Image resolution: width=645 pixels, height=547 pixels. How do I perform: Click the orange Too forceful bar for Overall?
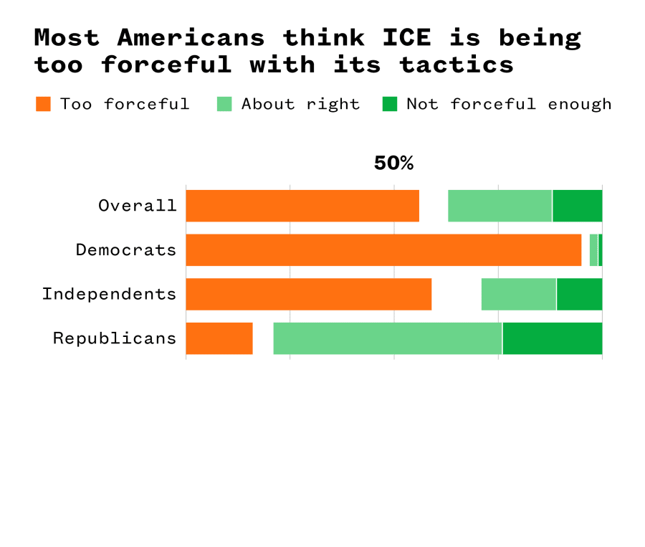302,206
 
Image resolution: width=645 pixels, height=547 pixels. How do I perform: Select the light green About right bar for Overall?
500,206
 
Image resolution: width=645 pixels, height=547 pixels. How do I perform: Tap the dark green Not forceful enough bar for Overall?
577,206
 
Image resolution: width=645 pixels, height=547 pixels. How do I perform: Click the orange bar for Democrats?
383,250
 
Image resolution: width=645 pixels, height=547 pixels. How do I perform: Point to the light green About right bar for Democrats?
593,250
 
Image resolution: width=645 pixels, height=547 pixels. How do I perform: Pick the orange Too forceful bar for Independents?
308,295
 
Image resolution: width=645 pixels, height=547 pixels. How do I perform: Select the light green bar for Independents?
518,295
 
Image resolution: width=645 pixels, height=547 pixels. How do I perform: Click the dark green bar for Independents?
579,295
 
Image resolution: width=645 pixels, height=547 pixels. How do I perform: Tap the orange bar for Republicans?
219,338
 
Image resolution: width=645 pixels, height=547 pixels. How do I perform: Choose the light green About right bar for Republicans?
387,338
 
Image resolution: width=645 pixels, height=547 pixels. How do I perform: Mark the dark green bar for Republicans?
552,338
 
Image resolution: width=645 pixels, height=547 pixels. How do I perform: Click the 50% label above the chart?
393,163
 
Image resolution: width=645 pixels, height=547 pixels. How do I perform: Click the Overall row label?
138,206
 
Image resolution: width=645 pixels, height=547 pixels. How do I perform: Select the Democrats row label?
126,250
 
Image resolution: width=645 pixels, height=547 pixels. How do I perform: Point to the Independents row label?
109,295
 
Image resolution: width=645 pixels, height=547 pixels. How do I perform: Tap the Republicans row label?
115,338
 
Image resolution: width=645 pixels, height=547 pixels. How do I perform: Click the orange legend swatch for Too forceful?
43,104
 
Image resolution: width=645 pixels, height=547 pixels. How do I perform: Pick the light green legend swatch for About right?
224,104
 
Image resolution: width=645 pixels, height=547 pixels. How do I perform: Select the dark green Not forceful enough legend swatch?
389,104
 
